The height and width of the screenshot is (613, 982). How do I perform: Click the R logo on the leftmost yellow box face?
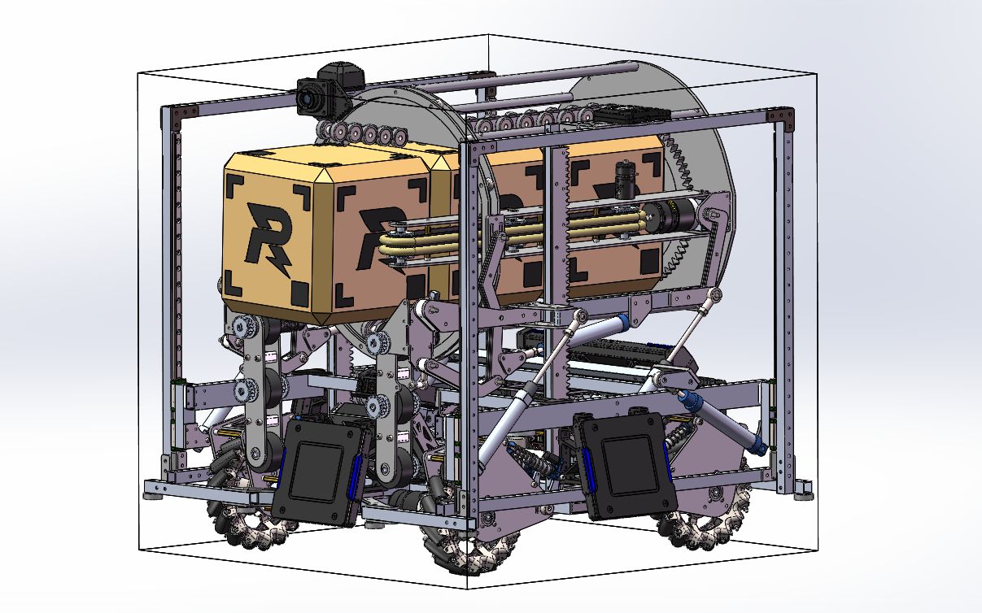click(267, 236)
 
